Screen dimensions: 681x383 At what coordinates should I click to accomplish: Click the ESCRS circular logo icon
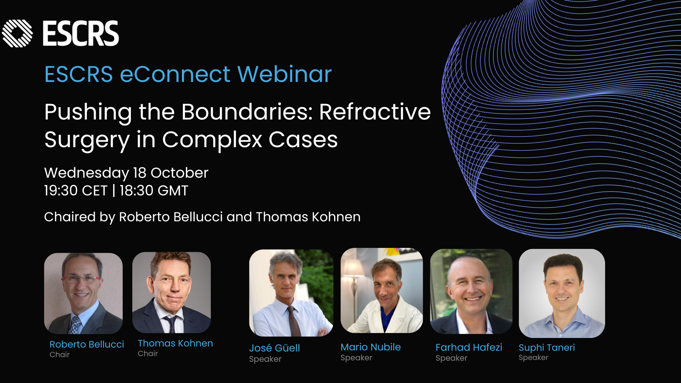pos(17,33)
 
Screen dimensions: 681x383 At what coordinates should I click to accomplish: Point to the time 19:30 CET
pos(76,190)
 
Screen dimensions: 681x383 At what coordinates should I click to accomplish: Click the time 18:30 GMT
pos(154,190)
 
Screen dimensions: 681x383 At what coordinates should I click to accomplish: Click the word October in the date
pos(179,173)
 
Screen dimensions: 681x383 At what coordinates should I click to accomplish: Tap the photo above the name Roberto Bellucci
pos(83,293)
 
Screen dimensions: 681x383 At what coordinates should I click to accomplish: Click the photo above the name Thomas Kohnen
pos(172,293)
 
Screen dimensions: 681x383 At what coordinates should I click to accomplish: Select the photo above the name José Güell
pos(291,293)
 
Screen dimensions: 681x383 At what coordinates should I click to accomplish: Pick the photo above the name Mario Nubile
pos(382,290)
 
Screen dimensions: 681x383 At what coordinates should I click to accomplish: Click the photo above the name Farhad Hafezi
pos(471,292)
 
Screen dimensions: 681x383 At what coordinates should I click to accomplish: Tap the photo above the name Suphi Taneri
pos(562,293)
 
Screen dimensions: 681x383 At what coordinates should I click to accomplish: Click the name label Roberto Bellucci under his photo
pos(87,344)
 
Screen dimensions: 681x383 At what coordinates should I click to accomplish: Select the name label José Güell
pos(275,348)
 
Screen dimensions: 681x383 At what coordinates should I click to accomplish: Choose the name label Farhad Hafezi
pos(469,347)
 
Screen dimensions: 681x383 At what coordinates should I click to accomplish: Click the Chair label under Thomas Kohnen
pos(148,354)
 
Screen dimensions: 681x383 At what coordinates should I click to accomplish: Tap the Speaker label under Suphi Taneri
pos(533,358)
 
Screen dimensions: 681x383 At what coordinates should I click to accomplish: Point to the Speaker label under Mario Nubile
pos(356,358)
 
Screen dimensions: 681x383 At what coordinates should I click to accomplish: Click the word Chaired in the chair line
pos(70,217)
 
